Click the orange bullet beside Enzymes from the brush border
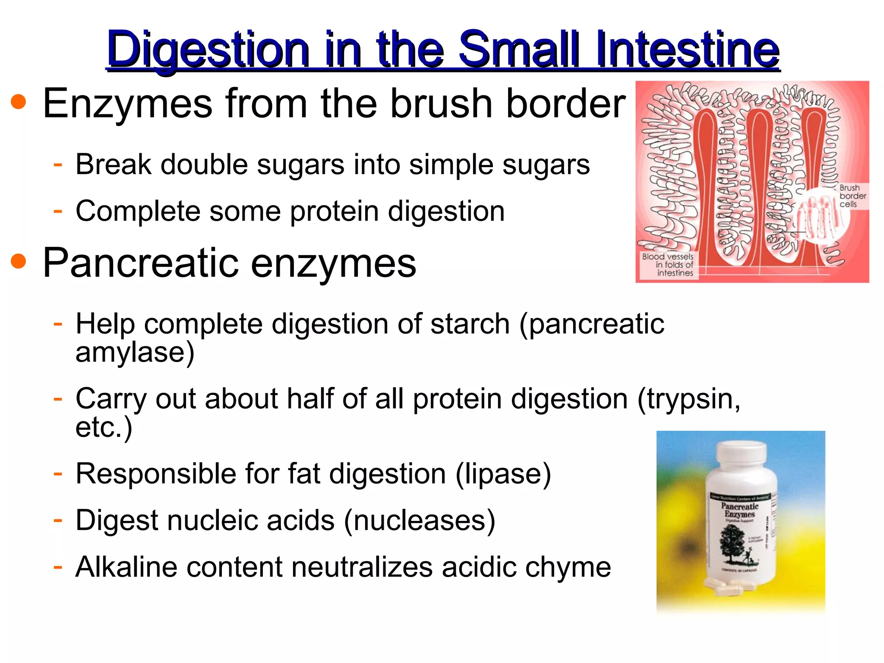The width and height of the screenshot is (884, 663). coord(19,102)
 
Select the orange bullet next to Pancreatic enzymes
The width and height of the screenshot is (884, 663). coord(19,262)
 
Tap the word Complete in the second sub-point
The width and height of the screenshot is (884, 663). coord(137,212)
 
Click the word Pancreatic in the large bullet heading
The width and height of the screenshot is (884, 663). coord(140,263)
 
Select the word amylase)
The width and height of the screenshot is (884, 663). coord(135,353)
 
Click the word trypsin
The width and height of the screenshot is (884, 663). coord(688,399)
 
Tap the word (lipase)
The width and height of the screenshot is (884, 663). coord(503,474)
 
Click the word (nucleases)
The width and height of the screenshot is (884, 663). coord(419,520)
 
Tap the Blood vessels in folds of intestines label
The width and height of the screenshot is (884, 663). coord(668,265)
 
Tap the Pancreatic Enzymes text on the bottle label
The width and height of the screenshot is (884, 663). coord(739,510)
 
